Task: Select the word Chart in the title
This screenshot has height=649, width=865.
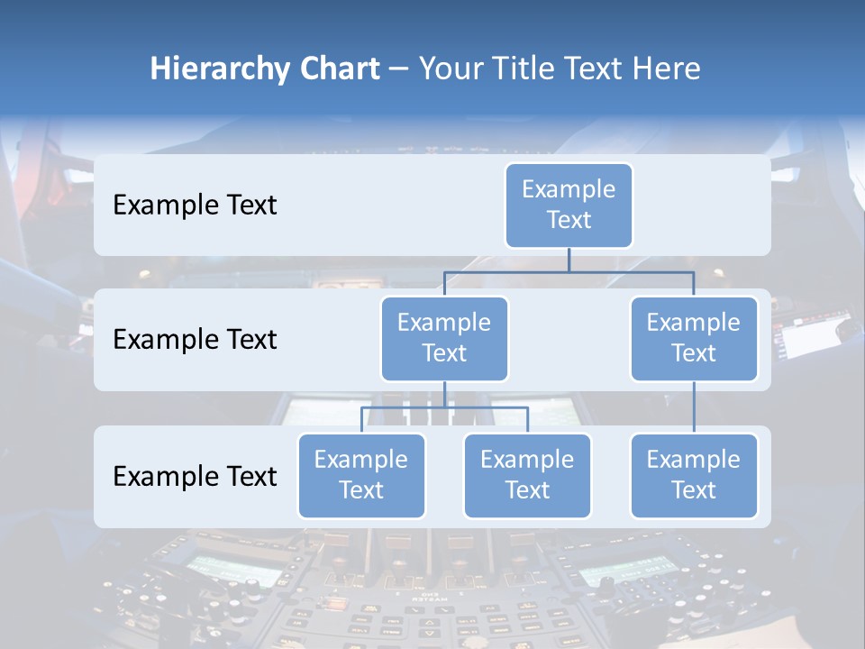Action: [x=336, y=69]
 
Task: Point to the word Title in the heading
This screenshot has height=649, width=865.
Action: [x=532, y=69]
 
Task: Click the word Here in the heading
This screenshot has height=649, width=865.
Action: [x=667, y=69]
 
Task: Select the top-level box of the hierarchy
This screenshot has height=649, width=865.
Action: [x=569, y=205]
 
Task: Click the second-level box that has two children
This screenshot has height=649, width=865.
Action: [x=444, y=338]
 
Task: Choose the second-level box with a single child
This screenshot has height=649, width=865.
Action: [x=694, y=338]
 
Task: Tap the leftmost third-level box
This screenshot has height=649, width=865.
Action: [x=361, y=475]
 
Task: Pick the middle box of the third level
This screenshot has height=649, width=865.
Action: [x=527, y=475]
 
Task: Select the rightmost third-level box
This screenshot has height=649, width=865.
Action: [x=694, y=475]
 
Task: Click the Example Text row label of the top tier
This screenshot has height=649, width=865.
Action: [x=195, y=206]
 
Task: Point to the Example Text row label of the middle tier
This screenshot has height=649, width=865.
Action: [x=195, y=340]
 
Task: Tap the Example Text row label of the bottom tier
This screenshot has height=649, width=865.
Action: [x=195, y=476]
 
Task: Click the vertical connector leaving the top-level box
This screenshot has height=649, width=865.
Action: [x=569, y=260]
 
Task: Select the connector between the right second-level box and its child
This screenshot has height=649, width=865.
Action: [x=694, y=407]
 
